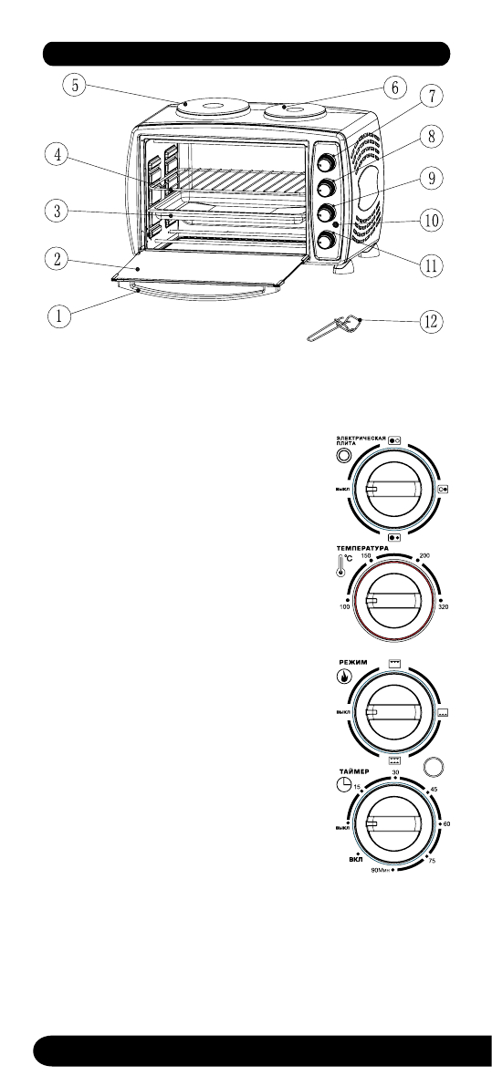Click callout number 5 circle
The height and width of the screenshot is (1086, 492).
(x=75, y=87)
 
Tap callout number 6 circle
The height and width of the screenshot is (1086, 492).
(x=393, y=88)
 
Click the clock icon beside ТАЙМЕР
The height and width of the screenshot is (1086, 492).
(x=340, y=787)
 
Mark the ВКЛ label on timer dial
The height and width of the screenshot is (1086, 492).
(x=355, y=859)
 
